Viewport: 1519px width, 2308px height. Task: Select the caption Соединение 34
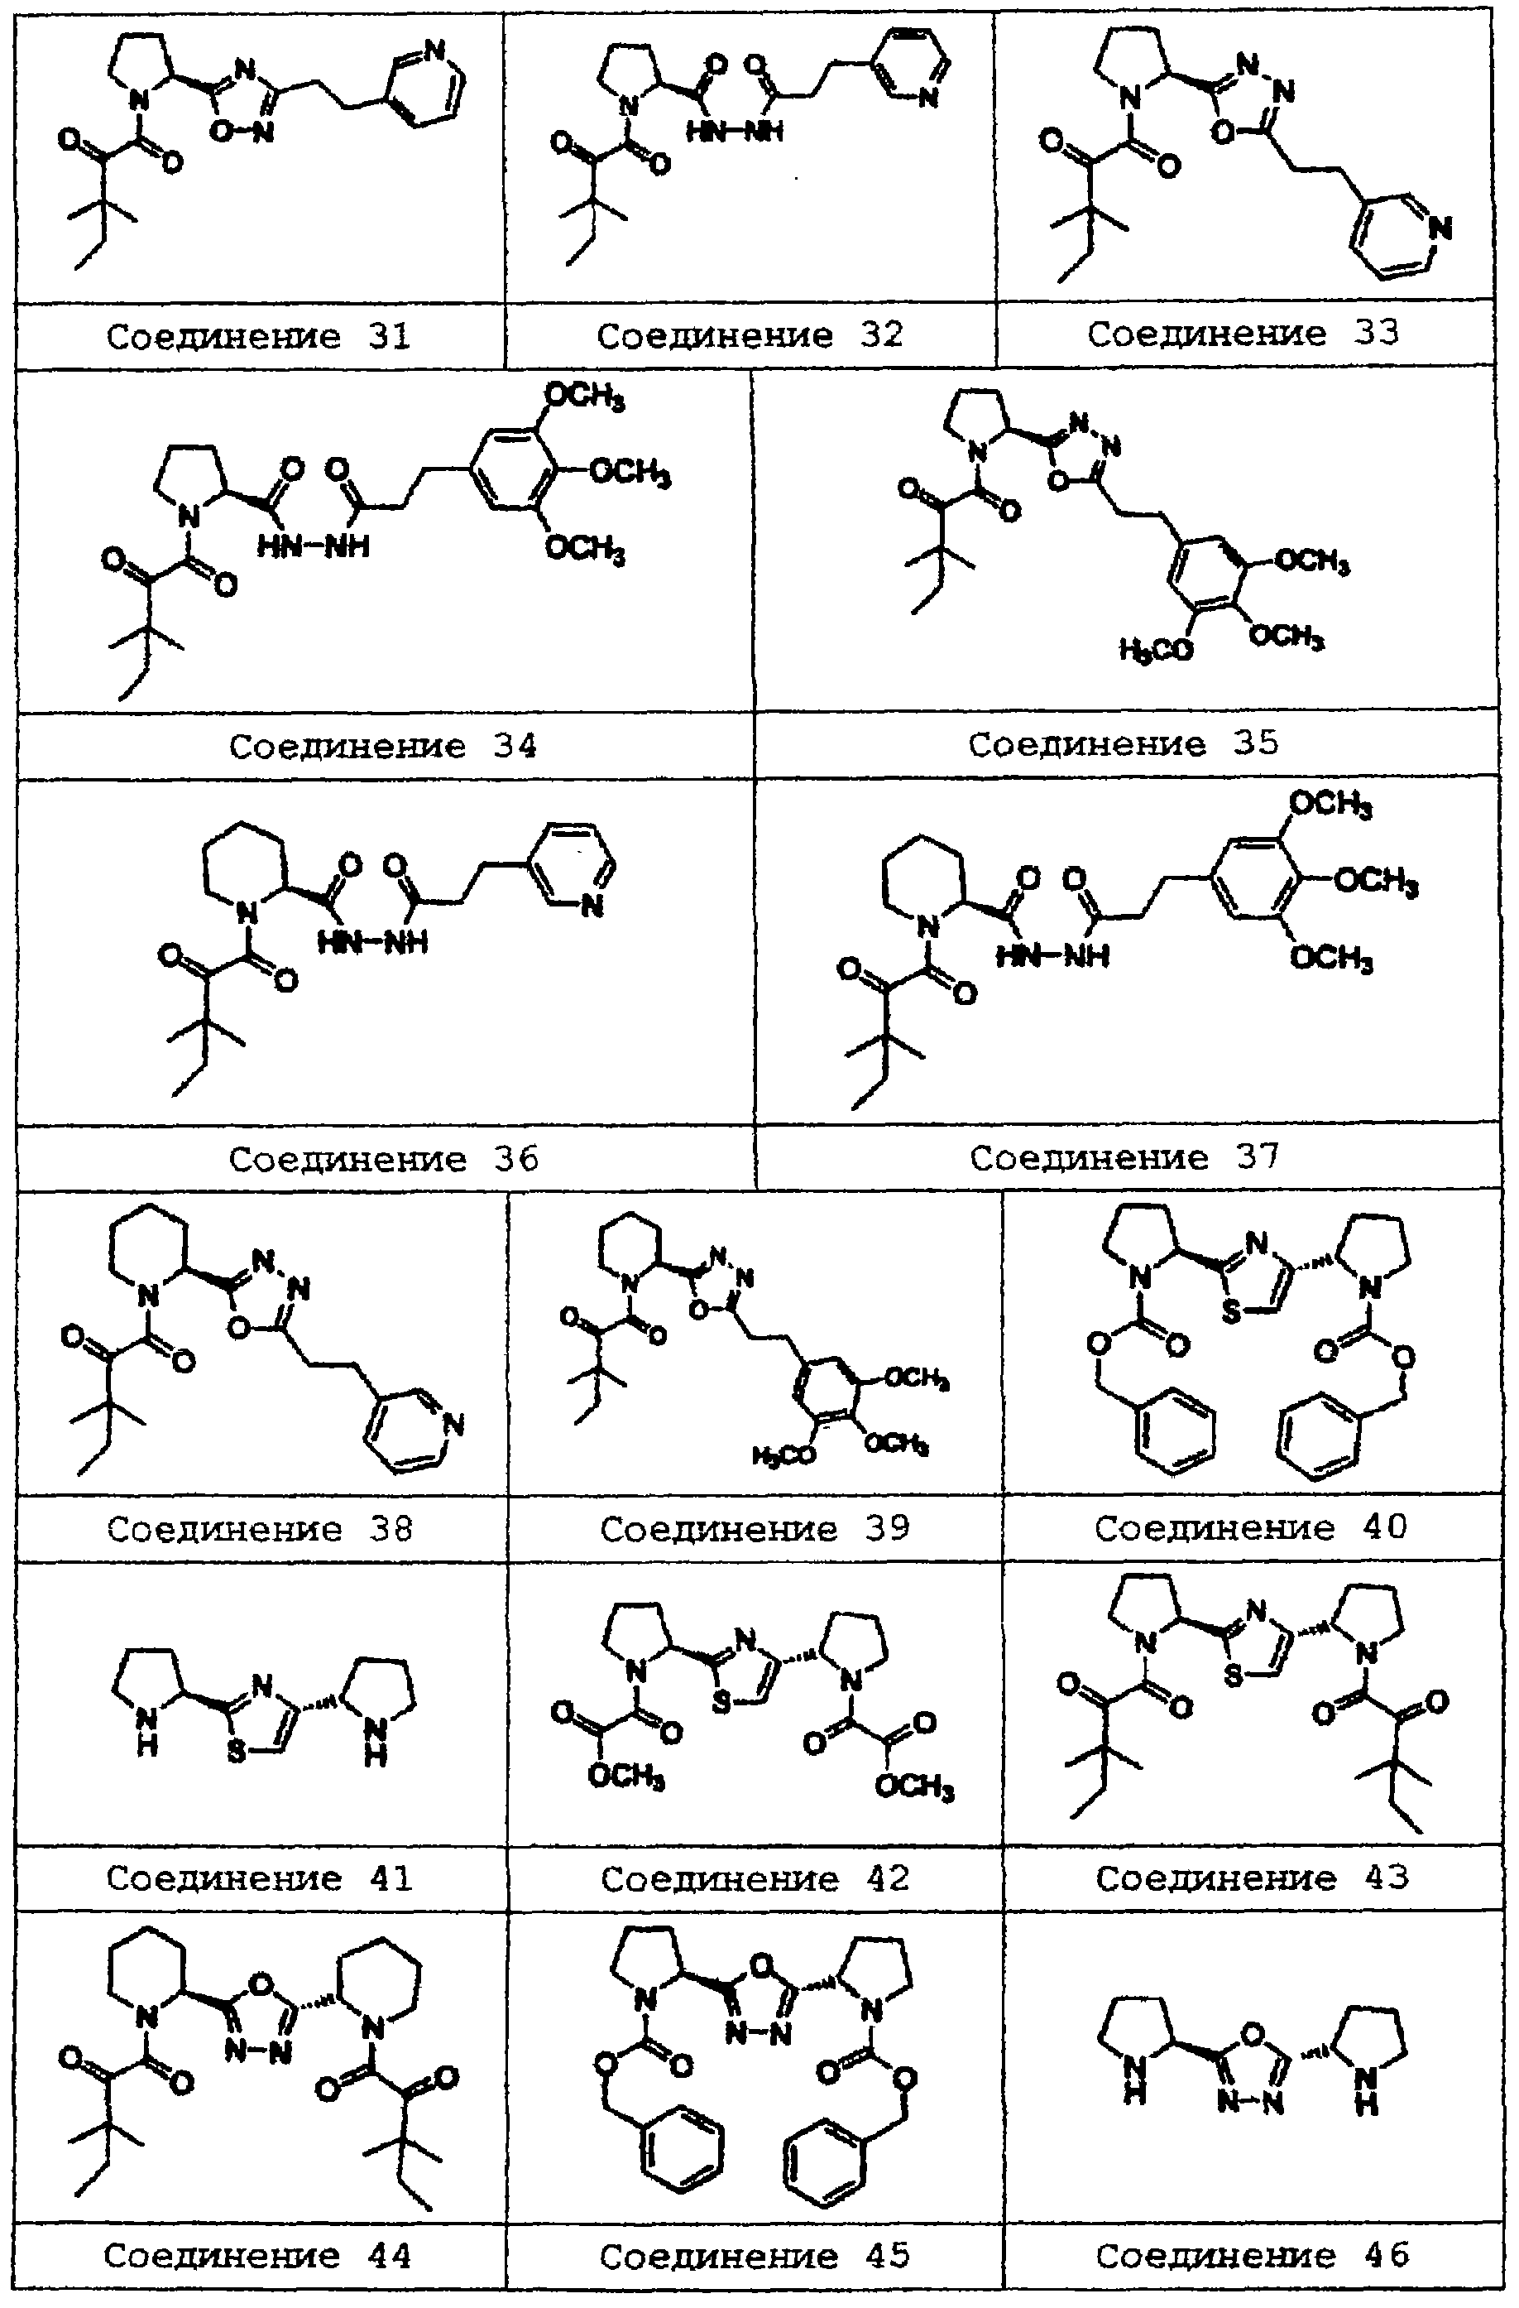(382, 746)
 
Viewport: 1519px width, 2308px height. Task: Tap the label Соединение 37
(1124, 1157)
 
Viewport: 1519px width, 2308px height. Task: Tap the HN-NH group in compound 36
(372, 941)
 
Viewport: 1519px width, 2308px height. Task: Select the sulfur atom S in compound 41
(236, 1753)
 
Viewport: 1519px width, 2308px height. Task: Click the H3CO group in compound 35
(1156, 649)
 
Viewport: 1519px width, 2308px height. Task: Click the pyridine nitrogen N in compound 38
(452, 1424)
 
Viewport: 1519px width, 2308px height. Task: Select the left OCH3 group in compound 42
(626, 1777)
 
